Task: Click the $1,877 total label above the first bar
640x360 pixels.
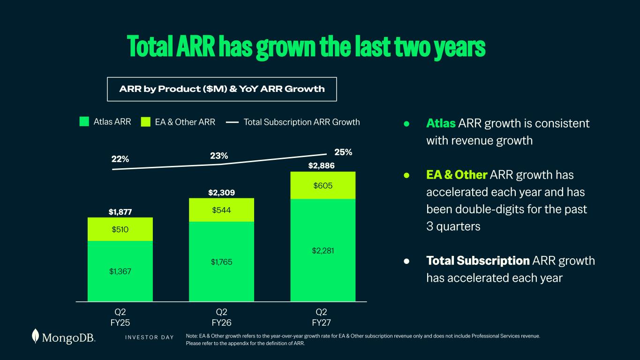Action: point(120,212)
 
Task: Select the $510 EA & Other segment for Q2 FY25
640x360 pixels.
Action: point(120,229)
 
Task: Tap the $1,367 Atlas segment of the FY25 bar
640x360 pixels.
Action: point(120,271)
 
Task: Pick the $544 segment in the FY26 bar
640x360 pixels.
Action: point(221,210)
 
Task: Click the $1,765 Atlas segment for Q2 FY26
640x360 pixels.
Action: point(221,262)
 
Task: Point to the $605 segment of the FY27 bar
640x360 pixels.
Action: point(323,186)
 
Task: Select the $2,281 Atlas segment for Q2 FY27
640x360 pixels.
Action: point(323,250)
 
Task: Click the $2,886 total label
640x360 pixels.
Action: point(321,166)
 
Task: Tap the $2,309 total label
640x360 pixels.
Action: point(221,193)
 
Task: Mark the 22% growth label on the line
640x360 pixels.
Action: point(120,159)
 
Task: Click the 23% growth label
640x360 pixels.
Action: point(219,156)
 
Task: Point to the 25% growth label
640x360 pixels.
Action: point(343,152)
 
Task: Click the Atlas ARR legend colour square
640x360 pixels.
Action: point(84,121)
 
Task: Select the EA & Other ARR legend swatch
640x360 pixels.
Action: point(146,122)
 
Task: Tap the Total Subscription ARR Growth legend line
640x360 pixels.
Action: point(232,122)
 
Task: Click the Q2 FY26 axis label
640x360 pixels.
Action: point(221,317)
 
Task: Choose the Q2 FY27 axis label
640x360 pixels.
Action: point(321,317)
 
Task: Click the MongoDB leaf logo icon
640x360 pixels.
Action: point(35,336)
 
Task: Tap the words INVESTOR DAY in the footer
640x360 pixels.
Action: point(150,337)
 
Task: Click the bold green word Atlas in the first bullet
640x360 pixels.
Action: point(441,123)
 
